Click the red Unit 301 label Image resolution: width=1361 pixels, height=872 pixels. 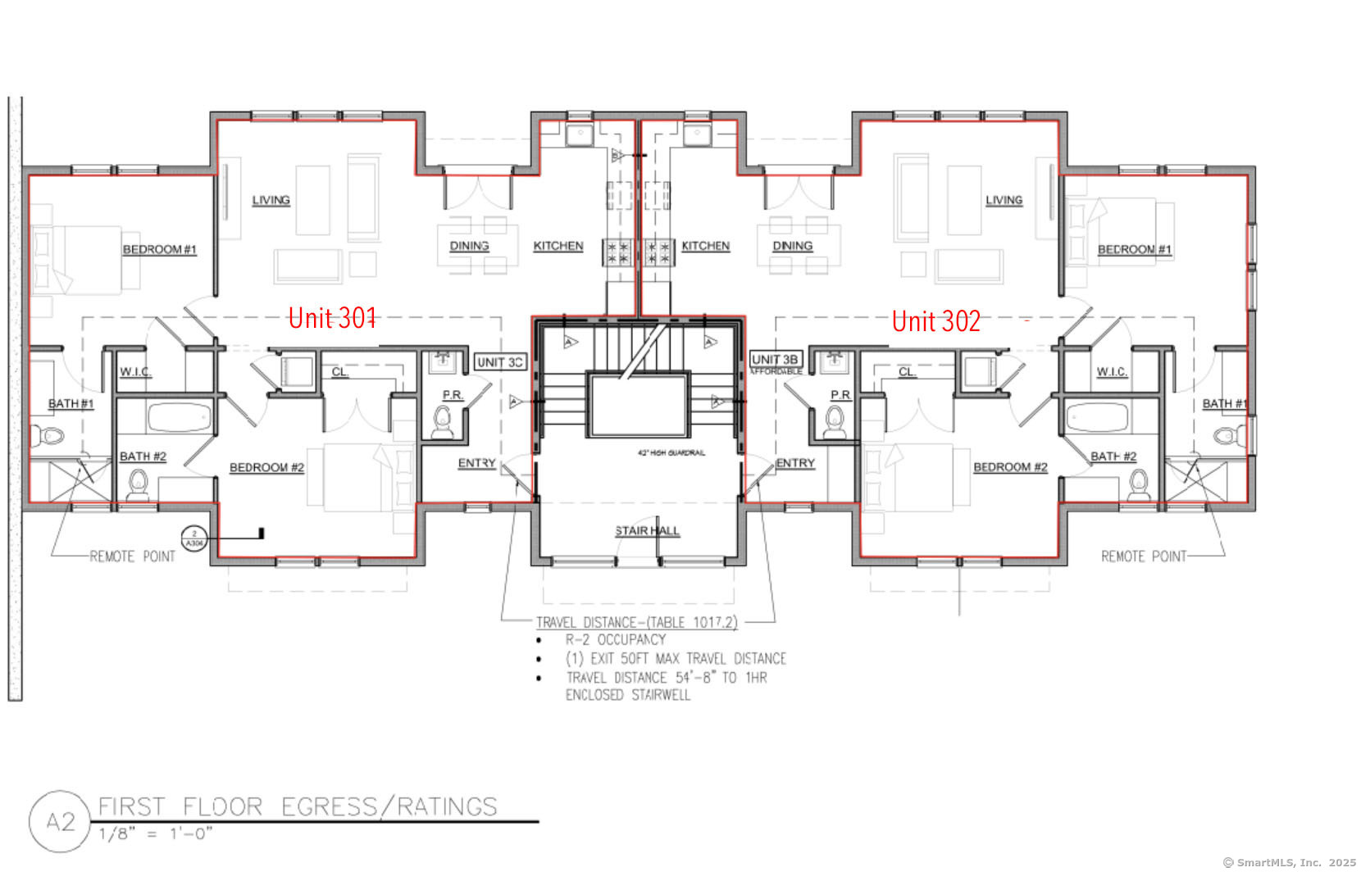(332, 318)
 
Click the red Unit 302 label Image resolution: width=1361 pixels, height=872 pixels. (935, 320)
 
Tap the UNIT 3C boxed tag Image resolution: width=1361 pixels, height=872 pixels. (499, 362)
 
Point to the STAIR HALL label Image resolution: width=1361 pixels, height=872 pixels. (647, 531)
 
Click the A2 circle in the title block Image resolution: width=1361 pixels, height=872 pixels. (60, 821)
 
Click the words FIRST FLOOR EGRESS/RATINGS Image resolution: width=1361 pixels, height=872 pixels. (298, 807)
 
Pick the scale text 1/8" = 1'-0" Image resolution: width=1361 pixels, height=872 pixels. (156, 834)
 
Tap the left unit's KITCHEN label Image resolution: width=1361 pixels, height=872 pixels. (558, 246)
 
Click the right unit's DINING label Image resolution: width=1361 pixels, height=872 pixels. (792, 246)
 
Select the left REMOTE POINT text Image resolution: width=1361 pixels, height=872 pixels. (132, 556)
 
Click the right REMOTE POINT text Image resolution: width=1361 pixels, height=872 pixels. (1143, 556)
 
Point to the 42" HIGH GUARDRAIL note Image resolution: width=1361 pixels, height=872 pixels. (671, 452)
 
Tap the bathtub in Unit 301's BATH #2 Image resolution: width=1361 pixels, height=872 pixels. (179, 417)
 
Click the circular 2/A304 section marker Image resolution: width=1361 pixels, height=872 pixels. (194, 538)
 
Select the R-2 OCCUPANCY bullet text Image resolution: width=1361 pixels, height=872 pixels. (615, 639)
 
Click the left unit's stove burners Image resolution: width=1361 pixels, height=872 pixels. (619, 252)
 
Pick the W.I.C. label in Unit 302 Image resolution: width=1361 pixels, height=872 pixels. (1112, 372)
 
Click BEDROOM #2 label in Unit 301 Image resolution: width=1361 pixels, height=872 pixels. (266, 467)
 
